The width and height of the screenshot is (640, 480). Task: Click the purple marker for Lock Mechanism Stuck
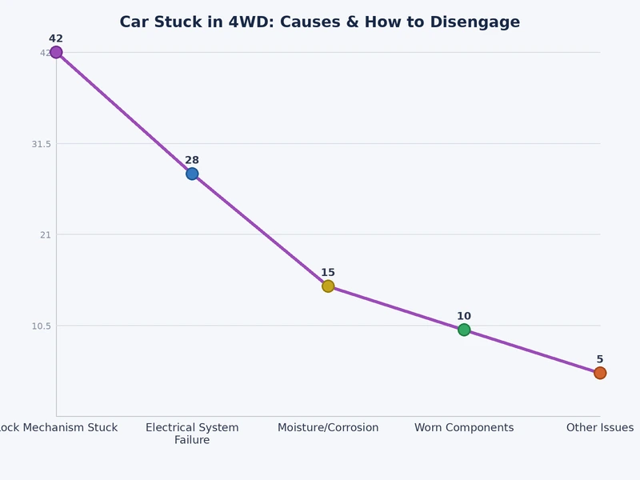click(x=56, y=52)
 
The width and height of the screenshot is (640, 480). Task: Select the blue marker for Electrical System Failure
click(x=192, y=174)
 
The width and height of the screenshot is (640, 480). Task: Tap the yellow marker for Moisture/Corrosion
click(x=328, y=286)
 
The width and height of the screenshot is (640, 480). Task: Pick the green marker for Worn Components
click(x=464, y=330)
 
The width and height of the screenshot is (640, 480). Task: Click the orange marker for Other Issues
click(x=600, y=373)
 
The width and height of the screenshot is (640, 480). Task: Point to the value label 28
click(x=192, y=160)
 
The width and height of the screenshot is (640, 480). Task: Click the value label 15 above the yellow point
click(x=328, y=273)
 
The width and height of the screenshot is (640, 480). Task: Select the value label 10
click(x=464, y=317)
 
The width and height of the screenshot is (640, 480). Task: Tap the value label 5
click(x=600, y=360)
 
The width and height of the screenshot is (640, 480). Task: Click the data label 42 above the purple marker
click(x=56, y=38)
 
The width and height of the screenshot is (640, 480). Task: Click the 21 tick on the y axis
click(x=45, y=234)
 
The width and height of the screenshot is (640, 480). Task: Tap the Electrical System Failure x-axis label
click(x=192, y=434)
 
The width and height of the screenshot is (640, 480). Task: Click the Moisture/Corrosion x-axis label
click(x=328, y=428)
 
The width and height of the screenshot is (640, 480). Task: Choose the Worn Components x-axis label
click(x=464, y=428)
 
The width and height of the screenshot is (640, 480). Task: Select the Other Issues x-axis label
click(x=600, y=428)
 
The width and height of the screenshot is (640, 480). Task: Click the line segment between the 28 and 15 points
click(x=260, y=230)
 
